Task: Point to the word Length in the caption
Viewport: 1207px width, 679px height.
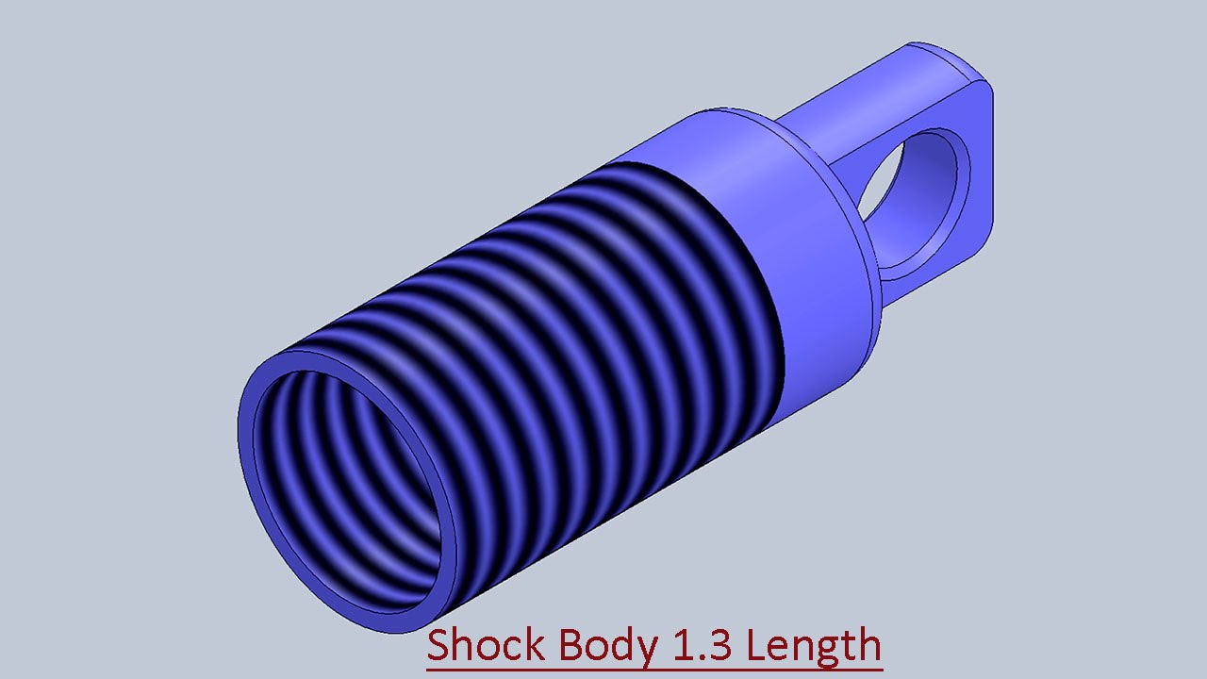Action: (814, 647)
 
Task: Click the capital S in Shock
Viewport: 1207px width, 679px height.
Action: (440, 646)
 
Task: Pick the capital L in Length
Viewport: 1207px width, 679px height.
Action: (756, 646)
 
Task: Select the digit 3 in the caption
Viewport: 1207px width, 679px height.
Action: (722, 646)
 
